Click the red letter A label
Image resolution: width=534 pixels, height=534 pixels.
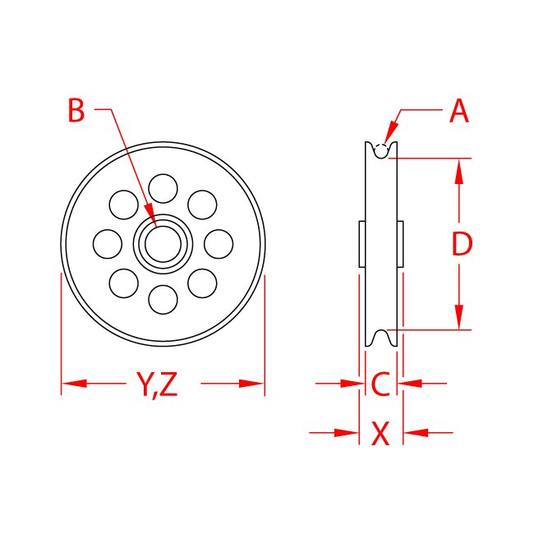coord(459,111)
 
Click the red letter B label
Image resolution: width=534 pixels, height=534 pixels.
coord(76,111)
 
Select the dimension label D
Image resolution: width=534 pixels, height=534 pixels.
coord(463,243)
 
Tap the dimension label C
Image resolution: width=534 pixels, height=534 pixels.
coord(380,384)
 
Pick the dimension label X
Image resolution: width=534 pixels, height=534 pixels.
coord(380,433)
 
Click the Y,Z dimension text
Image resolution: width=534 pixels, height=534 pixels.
coord(157,384)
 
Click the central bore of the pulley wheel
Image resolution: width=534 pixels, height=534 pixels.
coord(163,243)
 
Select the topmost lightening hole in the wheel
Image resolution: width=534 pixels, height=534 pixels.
coord(163,187)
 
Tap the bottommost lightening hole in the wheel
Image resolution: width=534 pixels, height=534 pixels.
coord(163,299)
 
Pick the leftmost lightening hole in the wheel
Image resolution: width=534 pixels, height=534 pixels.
coord(108,243)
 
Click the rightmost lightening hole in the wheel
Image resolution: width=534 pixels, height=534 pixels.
coord(219,243)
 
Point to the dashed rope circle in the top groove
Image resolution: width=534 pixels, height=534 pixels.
coord(380,150)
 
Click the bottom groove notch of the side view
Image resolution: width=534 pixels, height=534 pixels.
coord(380,338)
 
